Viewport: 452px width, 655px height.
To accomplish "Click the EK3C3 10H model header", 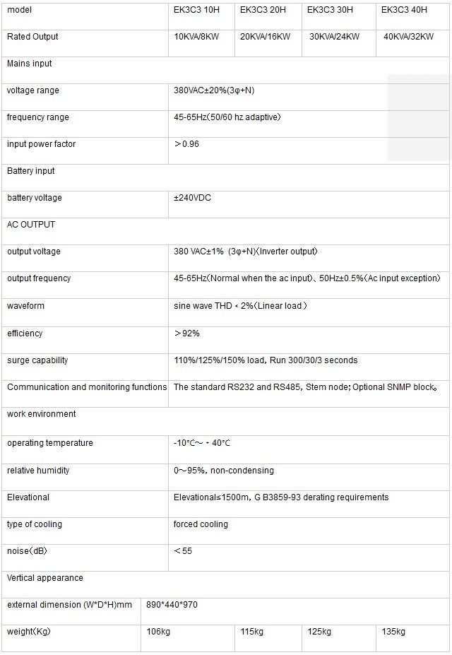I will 196,10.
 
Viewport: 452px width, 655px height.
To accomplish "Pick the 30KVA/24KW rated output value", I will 335,37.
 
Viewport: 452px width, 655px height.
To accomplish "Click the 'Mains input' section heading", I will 30,64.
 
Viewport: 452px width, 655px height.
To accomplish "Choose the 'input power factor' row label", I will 41,144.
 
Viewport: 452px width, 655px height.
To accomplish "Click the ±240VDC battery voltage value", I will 192,198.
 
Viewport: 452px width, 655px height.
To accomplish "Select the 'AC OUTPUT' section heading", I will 31,225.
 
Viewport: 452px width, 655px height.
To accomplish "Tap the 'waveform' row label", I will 26,306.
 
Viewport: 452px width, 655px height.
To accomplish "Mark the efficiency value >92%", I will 187,334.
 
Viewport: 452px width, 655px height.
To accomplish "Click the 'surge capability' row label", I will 37,360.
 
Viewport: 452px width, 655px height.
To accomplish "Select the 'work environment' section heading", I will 42,414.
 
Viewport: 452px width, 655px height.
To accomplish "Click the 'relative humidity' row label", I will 38,471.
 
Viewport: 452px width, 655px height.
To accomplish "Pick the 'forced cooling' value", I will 201,524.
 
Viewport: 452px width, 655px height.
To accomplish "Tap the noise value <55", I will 183,551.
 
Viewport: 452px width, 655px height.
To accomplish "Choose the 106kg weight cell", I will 158,632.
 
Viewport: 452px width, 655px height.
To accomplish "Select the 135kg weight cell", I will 393,632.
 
